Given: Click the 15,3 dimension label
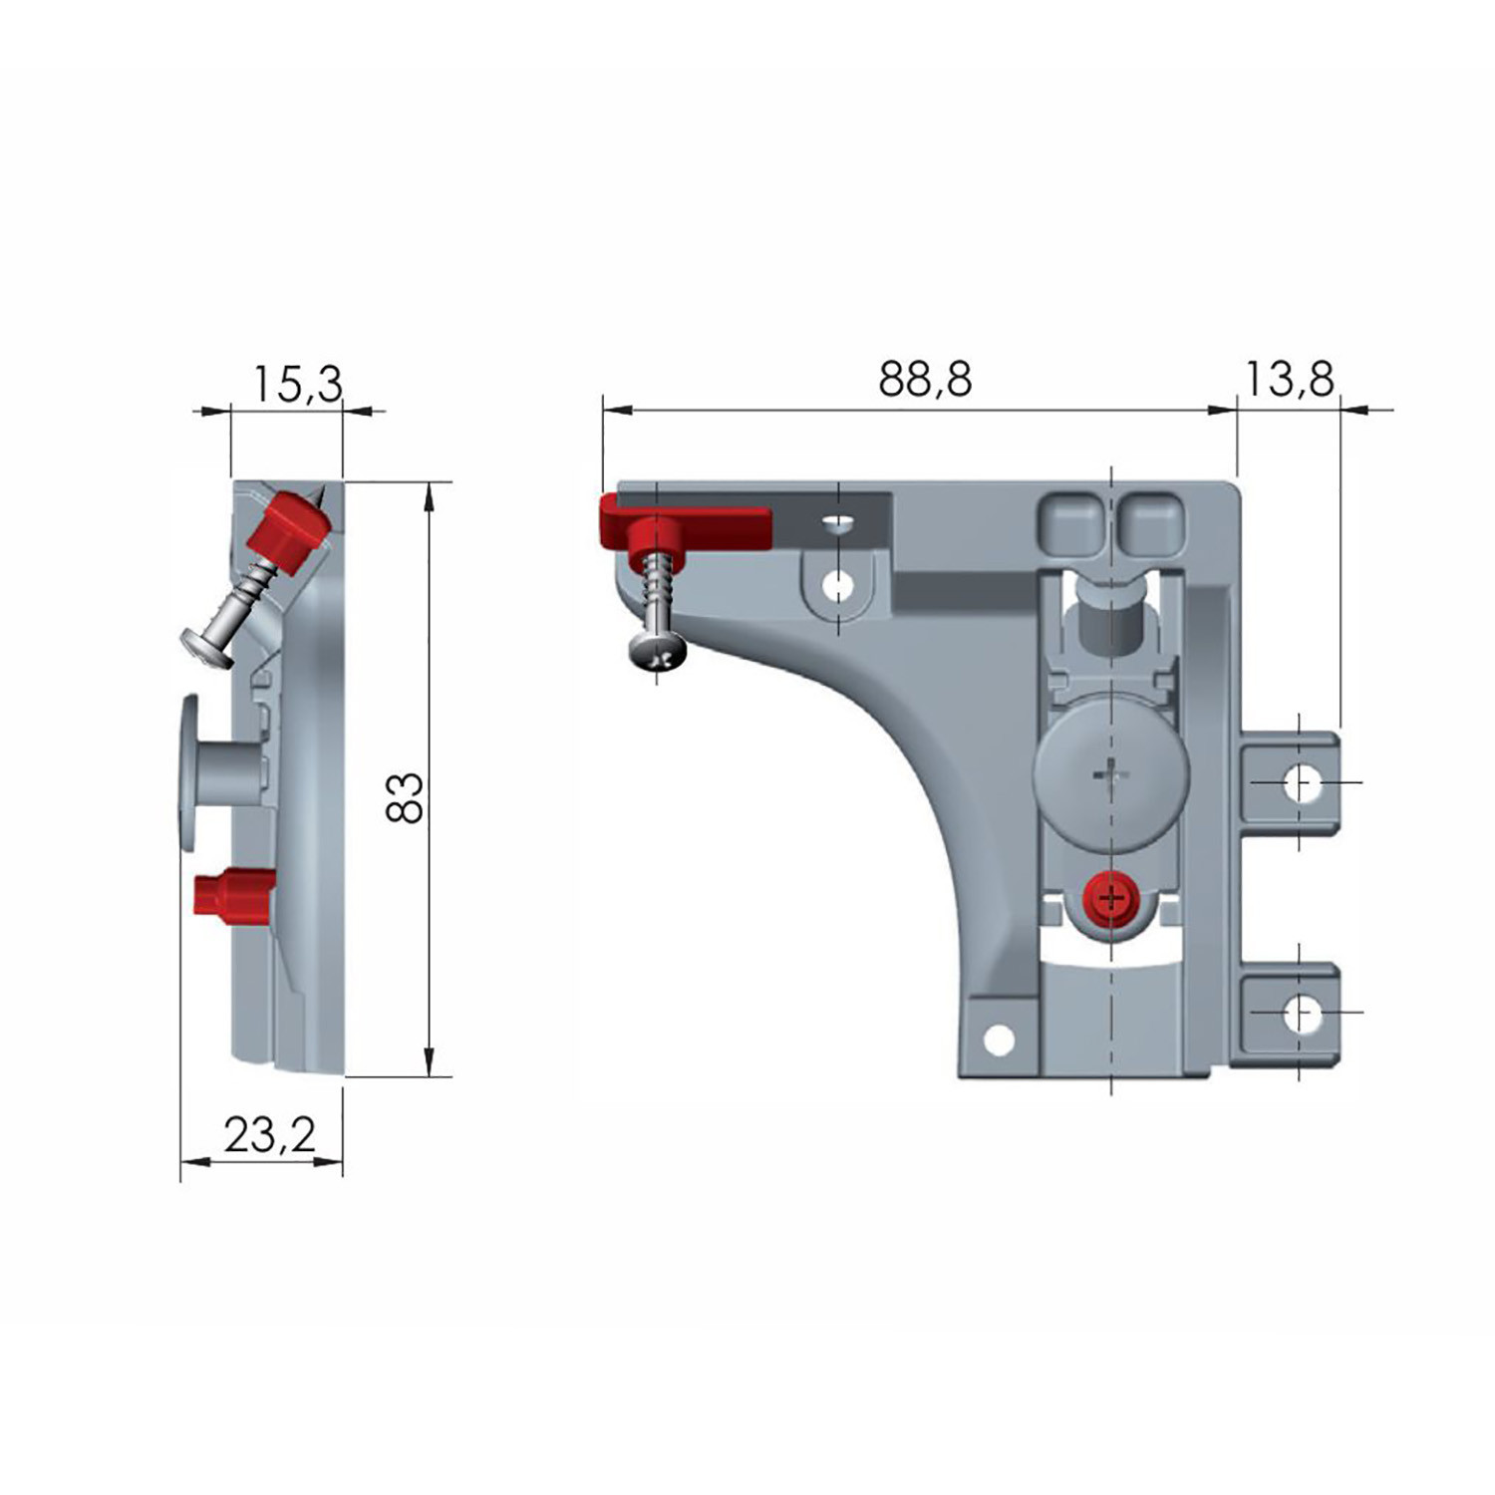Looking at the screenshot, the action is click(x=297, y=384).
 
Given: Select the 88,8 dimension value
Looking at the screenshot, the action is click(x=925, y=380).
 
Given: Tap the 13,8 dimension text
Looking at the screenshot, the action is click(x=1289, y=380).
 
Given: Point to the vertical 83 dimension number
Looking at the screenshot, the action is click(x=406, y=797).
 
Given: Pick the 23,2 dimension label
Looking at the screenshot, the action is click(x=269, y=1134).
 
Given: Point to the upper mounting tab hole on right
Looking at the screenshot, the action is click(x=1298, y=782).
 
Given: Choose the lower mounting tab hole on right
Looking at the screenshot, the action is click(x=1298, y=1015).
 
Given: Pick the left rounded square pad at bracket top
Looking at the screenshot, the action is click(x=1070, y=520).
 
